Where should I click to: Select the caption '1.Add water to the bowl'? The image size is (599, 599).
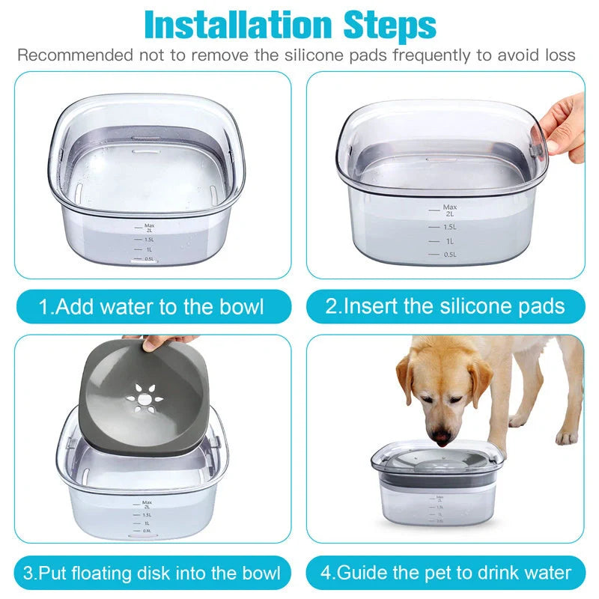[x=152, y=306]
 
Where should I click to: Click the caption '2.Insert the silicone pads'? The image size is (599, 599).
[x=445, y=306]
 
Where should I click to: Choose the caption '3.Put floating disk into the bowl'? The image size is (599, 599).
[x=152, y=574]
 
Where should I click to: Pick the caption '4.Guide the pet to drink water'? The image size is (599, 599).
[x=445, y=574]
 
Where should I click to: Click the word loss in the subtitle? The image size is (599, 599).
[x=559, y=55]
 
